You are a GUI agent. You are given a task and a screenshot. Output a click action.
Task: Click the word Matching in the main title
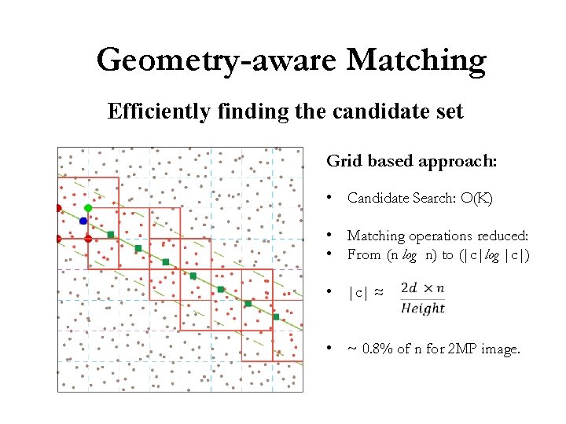coord(417,60)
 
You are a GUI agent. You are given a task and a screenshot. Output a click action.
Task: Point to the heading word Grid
coord(343,161)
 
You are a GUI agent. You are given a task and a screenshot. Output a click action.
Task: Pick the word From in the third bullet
coord(364,254)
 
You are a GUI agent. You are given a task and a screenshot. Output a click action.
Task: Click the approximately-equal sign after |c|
coord(378,292)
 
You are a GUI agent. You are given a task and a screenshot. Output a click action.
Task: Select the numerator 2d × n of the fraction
coord(422,288)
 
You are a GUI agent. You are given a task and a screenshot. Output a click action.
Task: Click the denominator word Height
coord(422,308)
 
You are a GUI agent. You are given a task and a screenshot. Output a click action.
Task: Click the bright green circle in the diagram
coord(88,208)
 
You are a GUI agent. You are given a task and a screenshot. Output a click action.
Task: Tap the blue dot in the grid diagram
coord(83,221)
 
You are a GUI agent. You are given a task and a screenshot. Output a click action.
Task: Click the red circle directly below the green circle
coord(88,238)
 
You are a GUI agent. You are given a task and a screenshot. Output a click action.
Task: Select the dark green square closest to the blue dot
coord(111,234)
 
